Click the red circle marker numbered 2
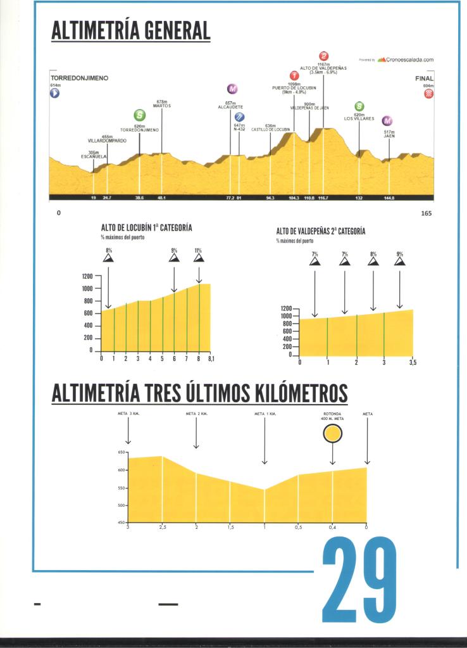coord(324,56)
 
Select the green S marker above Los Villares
coord(359,106)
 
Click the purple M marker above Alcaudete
coord(232,89)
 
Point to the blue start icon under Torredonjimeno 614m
coord(55,93)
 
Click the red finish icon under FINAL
coord(429,94)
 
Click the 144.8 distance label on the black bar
coord(389,198)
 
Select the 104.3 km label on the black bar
coord(294,198)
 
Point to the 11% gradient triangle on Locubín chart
coord(198,257)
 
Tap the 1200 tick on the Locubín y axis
coord(87,276)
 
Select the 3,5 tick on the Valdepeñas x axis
coord(413,362)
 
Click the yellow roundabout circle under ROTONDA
coord(333,433)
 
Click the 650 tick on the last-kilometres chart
coord(121,452)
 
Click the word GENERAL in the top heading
coord(177,30)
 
